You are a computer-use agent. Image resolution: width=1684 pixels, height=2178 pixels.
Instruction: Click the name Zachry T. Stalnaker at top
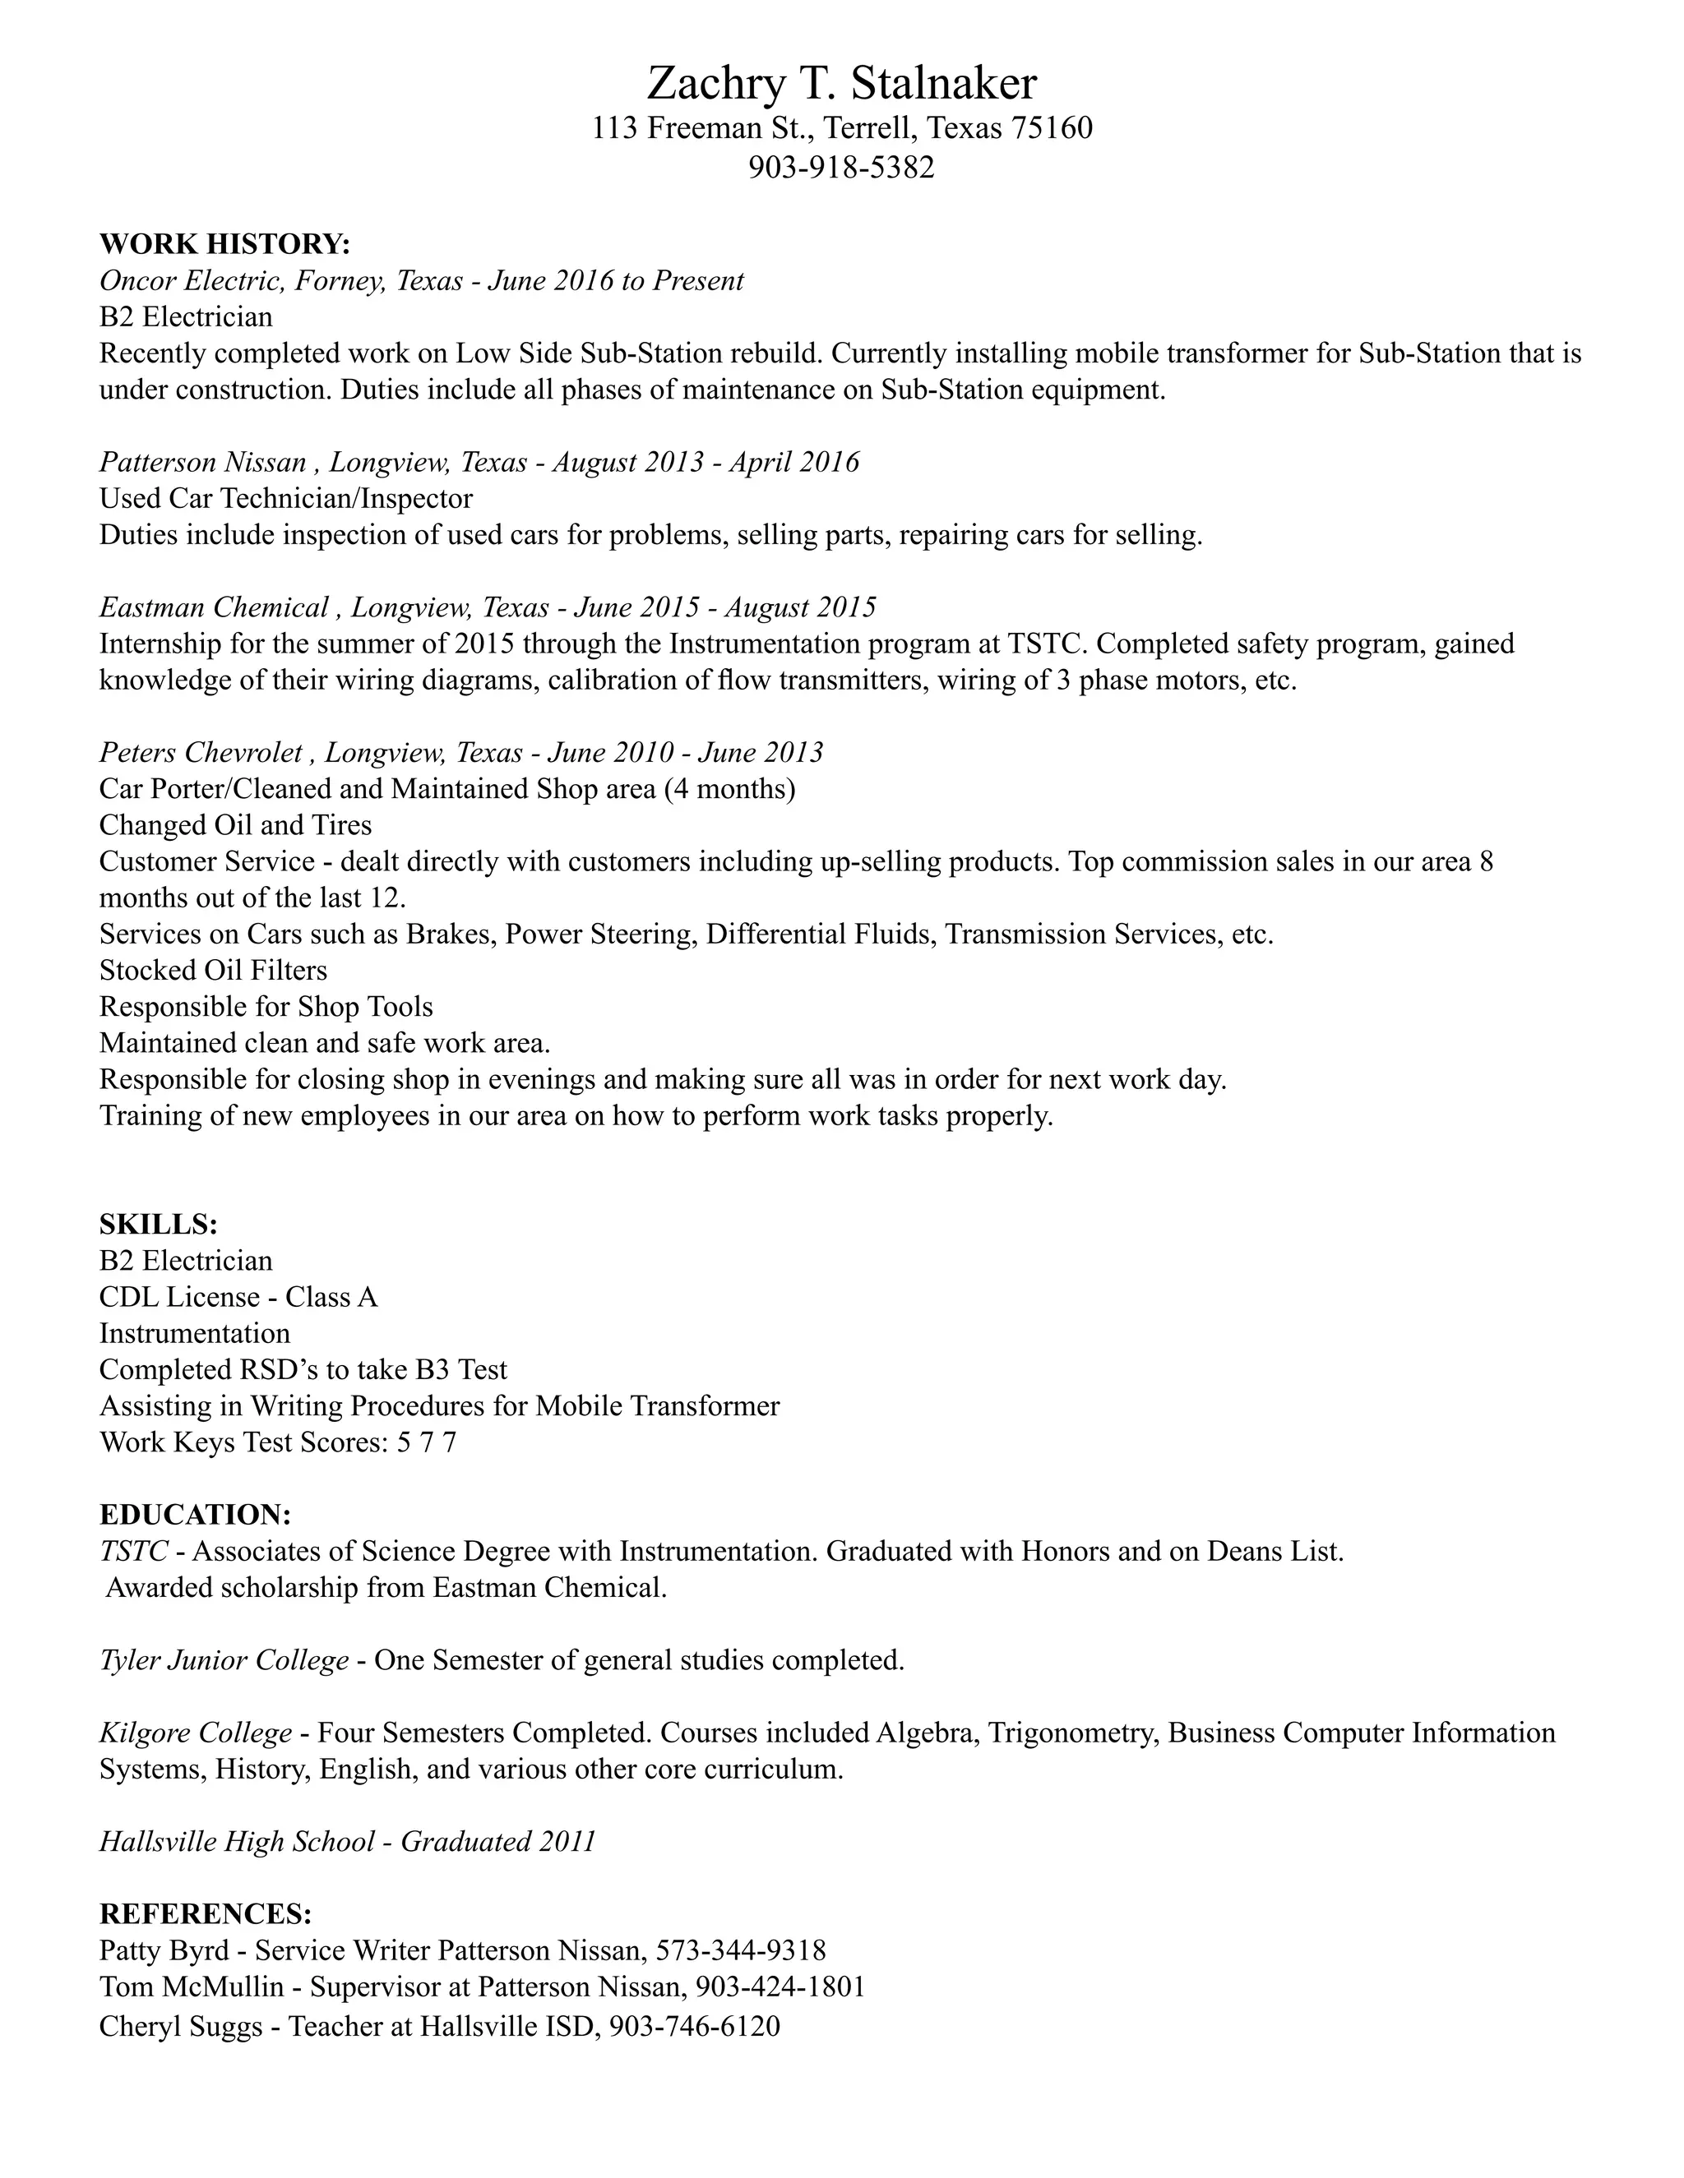click(x=841, y=84)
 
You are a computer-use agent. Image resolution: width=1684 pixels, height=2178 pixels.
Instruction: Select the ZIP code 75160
click(x=1052, y=129)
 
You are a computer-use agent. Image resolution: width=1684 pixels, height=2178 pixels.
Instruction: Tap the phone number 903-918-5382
click(x=841, y=168)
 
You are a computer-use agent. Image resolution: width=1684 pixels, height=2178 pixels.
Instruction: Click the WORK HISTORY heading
click(x=224, y=244)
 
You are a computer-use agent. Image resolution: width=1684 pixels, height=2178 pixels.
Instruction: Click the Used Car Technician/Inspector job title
click(x=285, y=497)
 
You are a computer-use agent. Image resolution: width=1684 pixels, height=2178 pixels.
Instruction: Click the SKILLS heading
click(x=158, y=1225)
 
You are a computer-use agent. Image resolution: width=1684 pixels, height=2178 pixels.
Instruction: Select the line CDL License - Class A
click(x=238, y=1298)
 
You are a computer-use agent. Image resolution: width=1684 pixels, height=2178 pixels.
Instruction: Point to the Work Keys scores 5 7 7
click(x=426, y=1443)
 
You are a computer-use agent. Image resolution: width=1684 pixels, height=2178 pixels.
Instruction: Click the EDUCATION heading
click(x=195, y=1515)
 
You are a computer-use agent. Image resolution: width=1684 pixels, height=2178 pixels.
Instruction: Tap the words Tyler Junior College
click(x=224, y=1660)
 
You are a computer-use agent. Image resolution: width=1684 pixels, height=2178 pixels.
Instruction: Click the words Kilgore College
click(x=195, y=1733)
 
